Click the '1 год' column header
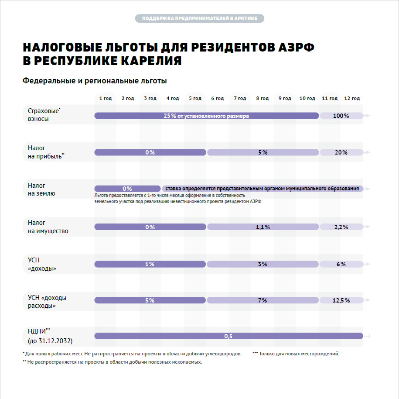[x=106, y=98]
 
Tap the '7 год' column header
[x=240, y=98]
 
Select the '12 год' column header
[x=352, y=98]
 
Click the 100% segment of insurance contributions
[x=341, y=116]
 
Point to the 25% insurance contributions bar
[x=206, y=116]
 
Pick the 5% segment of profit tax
[x=263, y=152]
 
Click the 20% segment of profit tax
[x=341, y=152]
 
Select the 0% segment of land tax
[x=127, y=189]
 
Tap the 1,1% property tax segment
[x=263, y=227]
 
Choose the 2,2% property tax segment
[x=341, y=227]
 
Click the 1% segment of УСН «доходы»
[x=150, y=264]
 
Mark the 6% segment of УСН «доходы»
[x=341, y=264]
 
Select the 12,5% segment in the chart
[x=341, y=300]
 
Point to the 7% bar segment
[x=263, y=300]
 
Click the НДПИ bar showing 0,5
[x=228, y=336]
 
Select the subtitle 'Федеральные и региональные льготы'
[x=95, y=81]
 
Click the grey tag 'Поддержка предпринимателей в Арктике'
[x=199, y=18]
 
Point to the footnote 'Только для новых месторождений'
[x=298, y=354]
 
